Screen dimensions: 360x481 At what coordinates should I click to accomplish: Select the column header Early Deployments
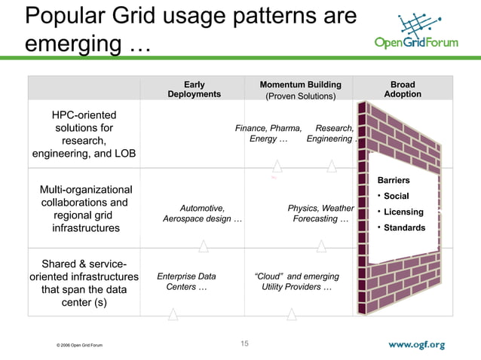(x=194, y=90)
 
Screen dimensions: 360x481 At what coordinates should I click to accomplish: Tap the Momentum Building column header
(x=300, y=90)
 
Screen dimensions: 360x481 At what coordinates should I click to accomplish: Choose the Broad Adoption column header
(x=403, y=90)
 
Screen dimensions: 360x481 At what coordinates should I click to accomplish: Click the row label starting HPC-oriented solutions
(x=84, y=134)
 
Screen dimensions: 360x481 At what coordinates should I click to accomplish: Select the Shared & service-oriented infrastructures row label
(x=84, y=283)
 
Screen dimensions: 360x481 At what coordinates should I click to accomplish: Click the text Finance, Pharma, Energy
(x=268, y=133)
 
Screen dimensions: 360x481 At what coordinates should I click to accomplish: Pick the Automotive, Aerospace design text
(x=202, y=214)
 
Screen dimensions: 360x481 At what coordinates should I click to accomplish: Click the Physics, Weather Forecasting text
(x=320, y=214)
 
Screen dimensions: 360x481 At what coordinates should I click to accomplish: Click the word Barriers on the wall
(x=394, y=181)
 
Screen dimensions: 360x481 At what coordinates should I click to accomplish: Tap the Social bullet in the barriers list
(x=396, y=197)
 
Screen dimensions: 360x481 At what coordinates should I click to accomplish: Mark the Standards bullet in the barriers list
(x=403, y=228)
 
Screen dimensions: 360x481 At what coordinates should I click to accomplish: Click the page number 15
(x=244, y=344)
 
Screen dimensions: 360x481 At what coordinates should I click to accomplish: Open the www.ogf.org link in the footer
(x=416, y=345)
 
